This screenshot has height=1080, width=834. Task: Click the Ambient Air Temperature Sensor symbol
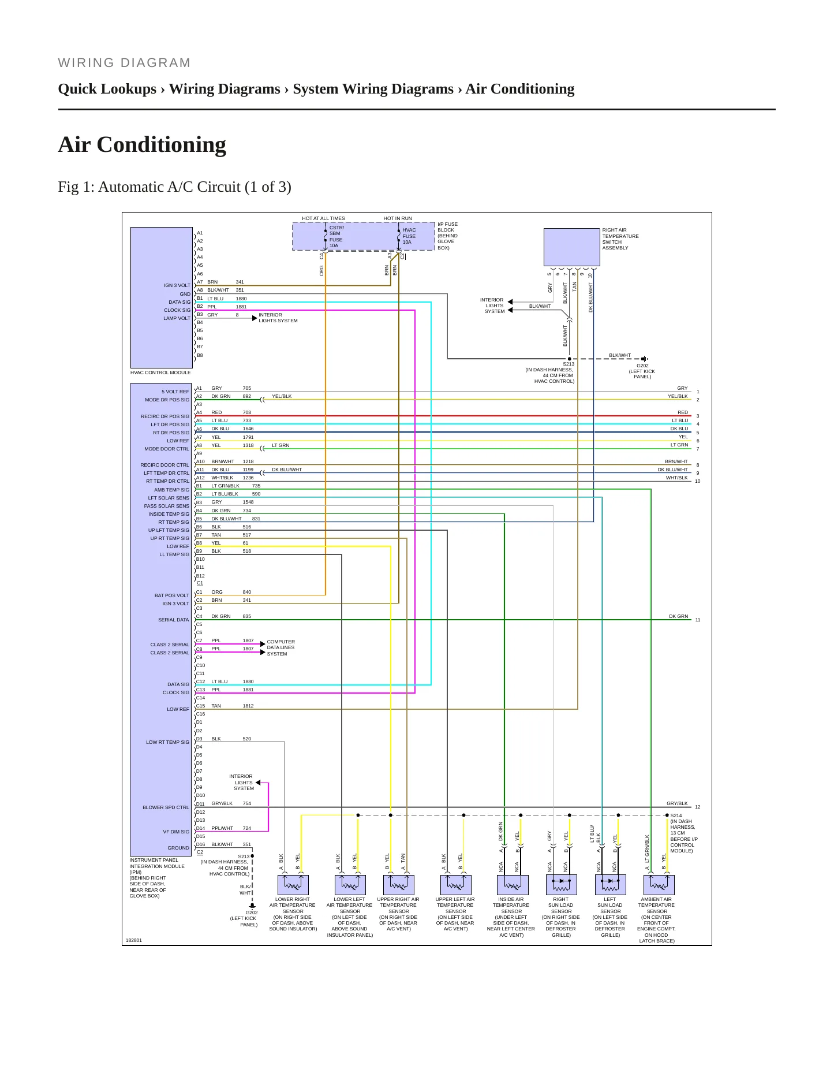click(x=659, y=885)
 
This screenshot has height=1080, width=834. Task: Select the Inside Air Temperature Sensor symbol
click(x=513, y=885)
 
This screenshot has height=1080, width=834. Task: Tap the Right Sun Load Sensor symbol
click(x=561, y=885)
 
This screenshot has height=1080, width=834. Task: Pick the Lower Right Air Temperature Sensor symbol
click(x=293, y=885)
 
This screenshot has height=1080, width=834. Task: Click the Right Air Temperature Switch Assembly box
click(x=572, y=247)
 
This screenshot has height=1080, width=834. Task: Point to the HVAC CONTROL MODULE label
click(x=160, y=373)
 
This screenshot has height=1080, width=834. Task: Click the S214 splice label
click(x=676, y=815)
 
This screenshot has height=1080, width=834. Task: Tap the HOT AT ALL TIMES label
click(x=323, y=218)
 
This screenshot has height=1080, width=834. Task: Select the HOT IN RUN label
click(x=398, y=218)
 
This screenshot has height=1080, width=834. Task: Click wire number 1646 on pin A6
click(x=248, y=429)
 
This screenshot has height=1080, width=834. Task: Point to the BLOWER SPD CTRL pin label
click(x=166, y=807)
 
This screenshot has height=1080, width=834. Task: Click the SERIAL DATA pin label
click(x=174, y=620)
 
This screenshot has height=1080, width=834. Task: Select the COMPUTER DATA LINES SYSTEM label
click(x=281, y=647)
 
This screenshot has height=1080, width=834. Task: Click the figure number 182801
click(x=134, y=940)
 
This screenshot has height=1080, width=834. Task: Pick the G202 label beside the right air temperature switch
click(x=642, y=366)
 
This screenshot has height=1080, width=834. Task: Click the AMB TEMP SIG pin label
click(x=171, y=490)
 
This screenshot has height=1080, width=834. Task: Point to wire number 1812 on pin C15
click(x=248, y=706)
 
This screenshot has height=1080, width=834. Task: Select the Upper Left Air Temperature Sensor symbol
click(x=456, y=885)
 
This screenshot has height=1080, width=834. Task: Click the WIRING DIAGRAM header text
click(x=124, y=63)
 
